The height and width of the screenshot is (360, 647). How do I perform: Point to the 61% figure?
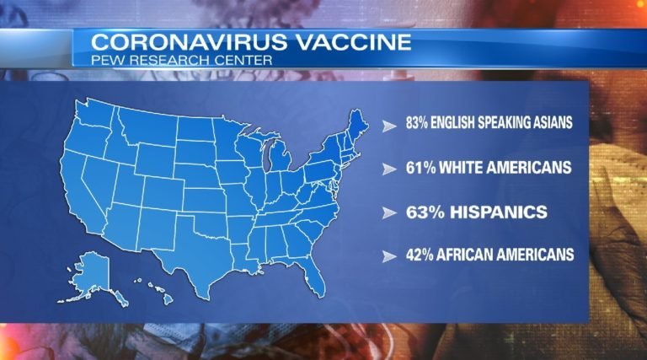(418, 168)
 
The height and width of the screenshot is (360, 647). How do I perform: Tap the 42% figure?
(418, 254)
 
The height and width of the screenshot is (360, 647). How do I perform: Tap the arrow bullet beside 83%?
(388, 125)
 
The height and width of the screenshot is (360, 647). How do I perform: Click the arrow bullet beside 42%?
(388, 255)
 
